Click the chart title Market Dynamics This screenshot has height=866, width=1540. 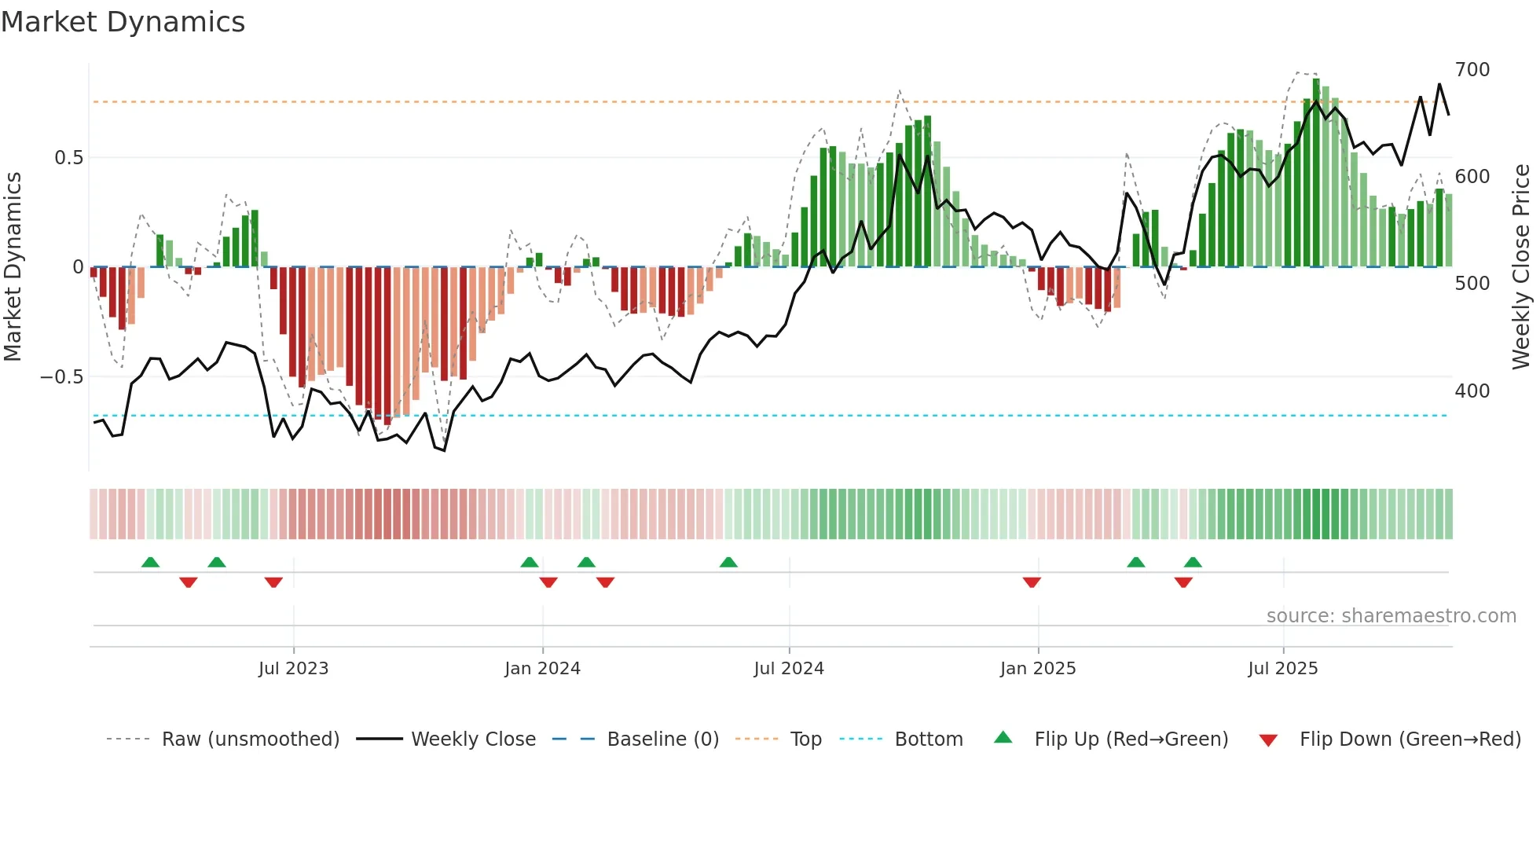click(123, 22)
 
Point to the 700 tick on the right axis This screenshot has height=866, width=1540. click(1472, 70)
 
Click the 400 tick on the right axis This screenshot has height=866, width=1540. click(1472, 391)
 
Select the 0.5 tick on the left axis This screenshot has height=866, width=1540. click(68, 158)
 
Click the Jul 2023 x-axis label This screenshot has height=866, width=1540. click(293, 669)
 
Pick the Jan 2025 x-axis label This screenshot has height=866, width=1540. click(1037, 669)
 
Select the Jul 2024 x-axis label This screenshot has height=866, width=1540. click(789, 669)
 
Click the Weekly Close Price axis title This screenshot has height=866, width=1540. click(1521, 267)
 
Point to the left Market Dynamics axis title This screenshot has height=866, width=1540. click(13, 267)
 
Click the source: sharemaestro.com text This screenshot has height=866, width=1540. click(1391, 616)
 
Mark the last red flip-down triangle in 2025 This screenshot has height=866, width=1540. click(1183, 582)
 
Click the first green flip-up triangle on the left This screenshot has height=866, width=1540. click(150, 562)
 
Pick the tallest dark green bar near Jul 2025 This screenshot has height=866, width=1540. click(1316, 173)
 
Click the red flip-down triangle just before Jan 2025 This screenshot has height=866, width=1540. click(1032, 582)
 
